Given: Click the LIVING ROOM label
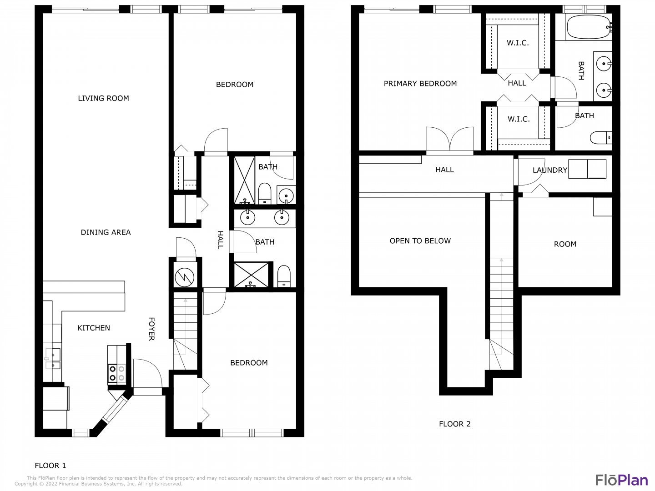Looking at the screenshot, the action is coord(103,98).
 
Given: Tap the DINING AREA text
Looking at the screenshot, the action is coord(106,232).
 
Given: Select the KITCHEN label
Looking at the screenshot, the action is coord(94,328).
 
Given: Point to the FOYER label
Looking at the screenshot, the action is coord(151,329).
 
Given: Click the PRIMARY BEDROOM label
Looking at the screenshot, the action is coord(420,84).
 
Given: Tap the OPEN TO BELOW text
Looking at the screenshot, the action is coord(420,241).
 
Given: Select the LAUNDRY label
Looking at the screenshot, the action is coord(550,170).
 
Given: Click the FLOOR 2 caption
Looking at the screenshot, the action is coord(455,424).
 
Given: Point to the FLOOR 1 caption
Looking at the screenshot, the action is coord(50,466).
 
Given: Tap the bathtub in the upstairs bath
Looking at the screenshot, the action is coord(588,27).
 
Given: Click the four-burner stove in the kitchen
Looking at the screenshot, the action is coord(117,373).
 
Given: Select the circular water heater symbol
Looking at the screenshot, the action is coord(184,277).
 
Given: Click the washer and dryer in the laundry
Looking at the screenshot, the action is coord(587,169).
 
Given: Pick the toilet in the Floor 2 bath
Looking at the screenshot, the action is coord(601,138).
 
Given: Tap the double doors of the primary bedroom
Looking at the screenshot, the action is coord(450,140).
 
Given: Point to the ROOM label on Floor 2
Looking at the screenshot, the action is coord(565,244).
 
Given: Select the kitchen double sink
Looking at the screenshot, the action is coord(53,359).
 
